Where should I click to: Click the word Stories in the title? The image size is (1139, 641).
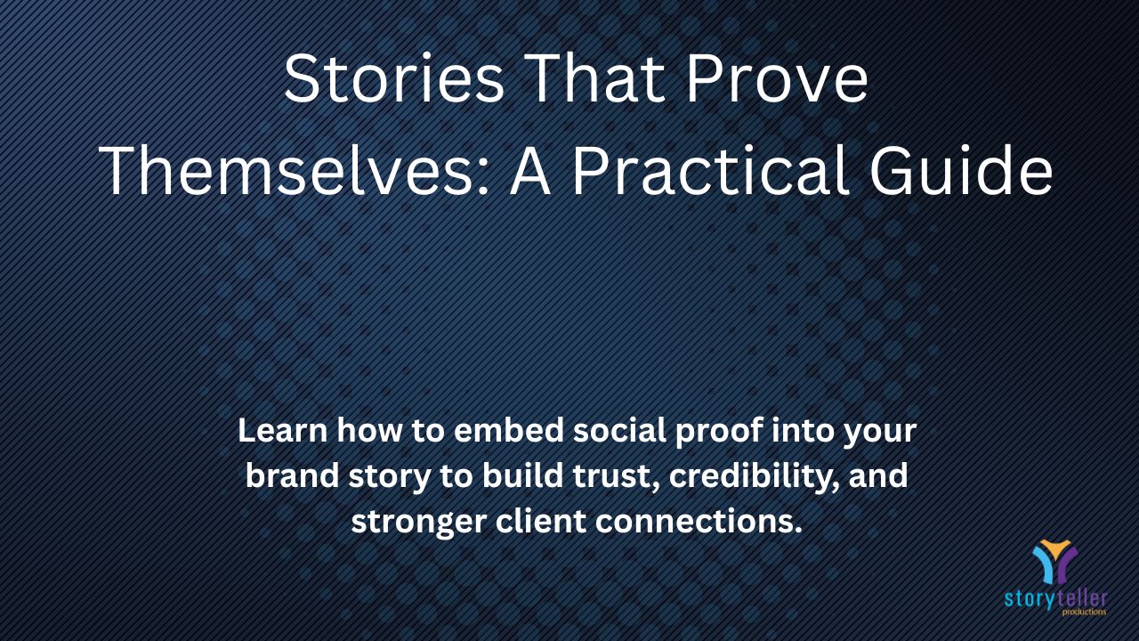(x=393, y=79)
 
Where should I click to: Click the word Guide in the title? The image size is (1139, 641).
(x=961, y=169)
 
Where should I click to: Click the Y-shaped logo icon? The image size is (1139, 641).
(x=1054, y=562)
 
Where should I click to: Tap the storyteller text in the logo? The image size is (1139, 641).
(x=1055, y=599)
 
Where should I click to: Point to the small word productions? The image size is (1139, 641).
(x=1084, y=612)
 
